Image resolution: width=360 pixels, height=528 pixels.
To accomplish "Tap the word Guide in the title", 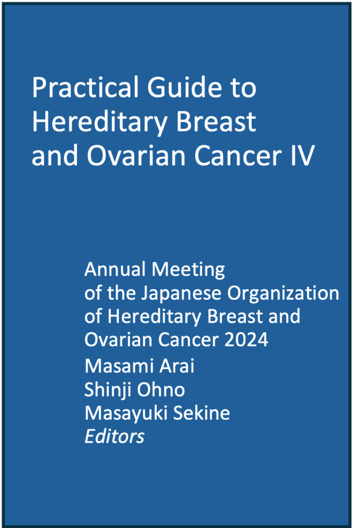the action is [184, 87].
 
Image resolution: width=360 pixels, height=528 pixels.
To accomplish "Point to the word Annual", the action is [115, 269].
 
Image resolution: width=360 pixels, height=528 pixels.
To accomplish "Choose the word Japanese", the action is [181, 293].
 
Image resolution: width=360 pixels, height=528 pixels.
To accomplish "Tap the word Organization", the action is [283, 293].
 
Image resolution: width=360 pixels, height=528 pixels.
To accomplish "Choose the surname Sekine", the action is [201, 413].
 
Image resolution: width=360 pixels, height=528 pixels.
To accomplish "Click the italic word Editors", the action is [114, 436].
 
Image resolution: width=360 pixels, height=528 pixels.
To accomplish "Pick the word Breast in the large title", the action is [216, 121].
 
